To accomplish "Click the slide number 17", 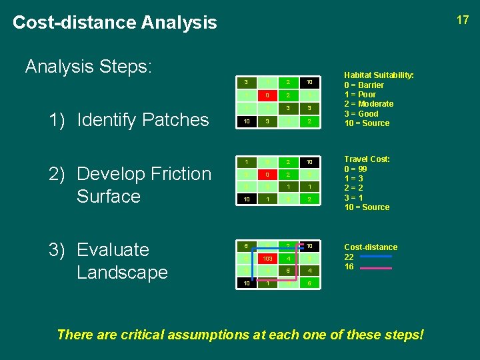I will click(463, 20).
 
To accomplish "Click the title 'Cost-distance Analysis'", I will click(115, 23).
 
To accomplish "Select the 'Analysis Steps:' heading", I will click(89, 67).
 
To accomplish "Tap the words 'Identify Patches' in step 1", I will click(143, 120).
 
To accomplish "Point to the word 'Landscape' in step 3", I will click(122, 273).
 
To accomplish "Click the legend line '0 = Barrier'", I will click(364, 85).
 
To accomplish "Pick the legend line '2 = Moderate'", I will click(369, 104).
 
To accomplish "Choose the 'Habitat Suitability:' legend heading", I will click(379, 76).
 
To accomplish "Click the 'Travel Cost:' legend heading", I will click(367, 159).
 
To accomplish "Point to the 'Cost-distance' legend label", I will click(370, 247).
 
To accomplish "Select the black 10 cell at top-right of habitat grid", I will click(308, 83).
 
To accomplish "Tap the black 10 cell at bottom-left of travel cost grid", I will click(247, 199).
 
